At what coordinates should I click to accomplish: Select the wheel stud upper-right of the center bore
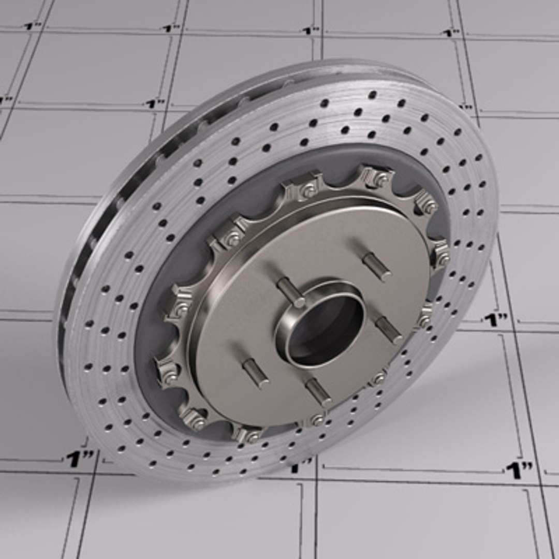(x=376, y=266)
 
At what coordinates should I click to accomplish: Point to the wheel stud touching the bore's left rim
(x=290, y=292)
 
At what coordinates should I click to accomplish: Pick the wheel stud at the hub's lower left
(x=256, y=373)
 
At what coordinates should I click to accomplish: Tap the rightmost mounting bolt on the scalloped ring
(x=442, y=257)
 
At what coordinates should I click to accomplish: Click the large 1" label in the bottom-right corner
(x=519, y=470)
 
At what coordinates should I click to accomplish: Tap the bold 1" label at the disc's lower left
(x=79, y=459)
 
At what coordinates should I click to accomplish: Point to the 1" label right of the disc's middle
(x=495, y=320)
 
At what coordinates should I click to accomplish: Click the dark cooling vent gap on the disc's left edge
(x=67, y=311)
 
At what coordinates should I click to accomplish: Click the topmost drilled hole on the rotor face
(x=372, y=94)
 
